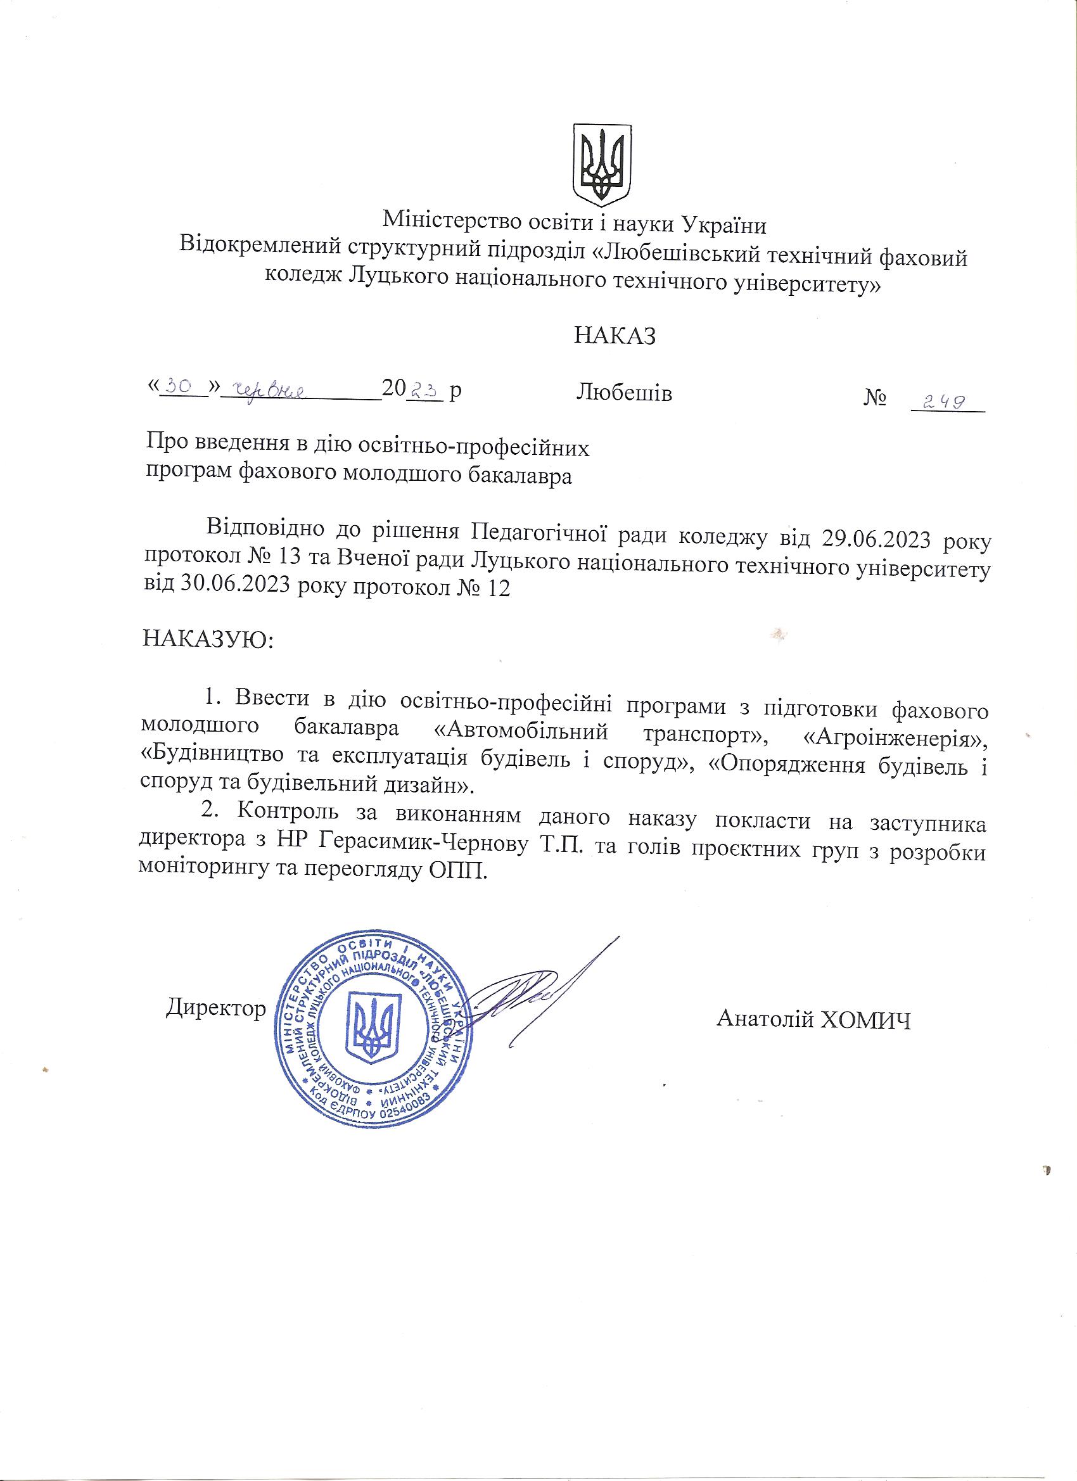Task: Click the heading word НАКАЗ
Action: pyautogui.click(x=615, y=336)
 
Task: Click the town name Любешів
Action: pyautogui.click(x=625, y=393)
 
